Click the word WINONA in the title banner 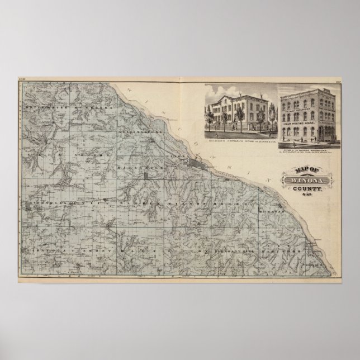(x=301, y=181)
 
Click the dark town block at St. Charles (x=27, y=207)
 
